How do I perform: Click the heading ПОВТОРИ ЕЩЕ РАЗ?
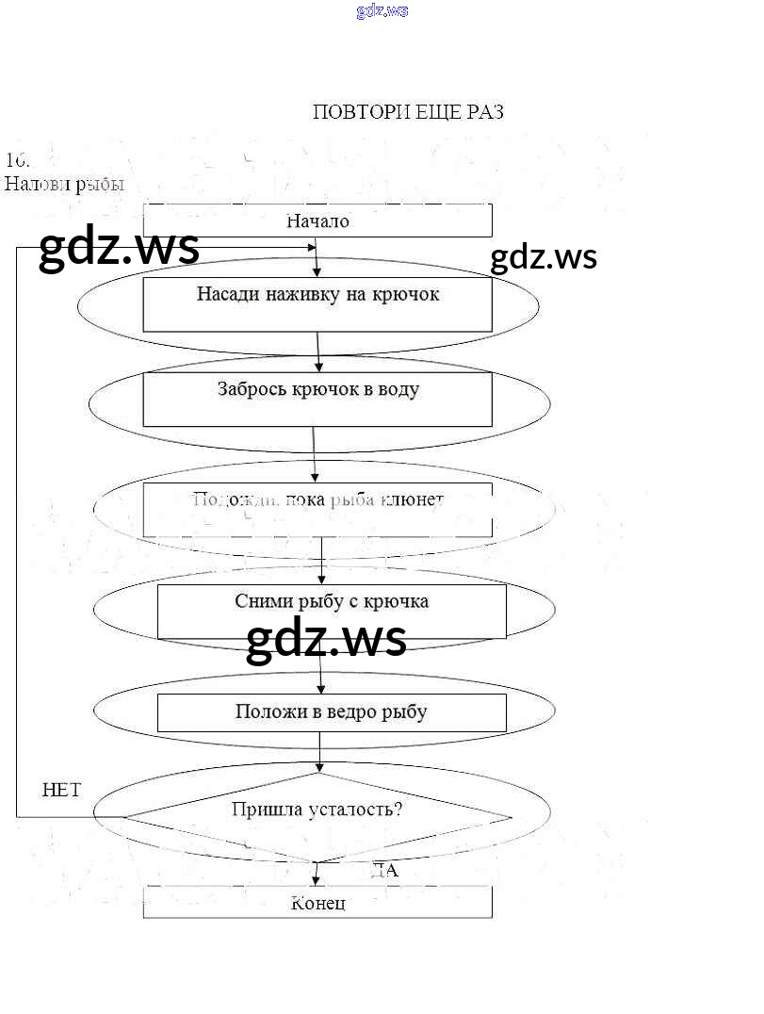tap(407, 112)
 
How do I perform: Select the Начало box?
tap(317, 221)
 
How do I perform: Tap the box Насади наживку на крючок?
tap(317, 303)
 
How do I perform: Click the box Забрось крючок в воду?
tap(317, 399)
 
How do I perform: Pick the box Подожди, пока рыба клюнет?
tap(317, 509)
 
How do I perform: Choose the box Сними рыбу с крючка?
tap(331, 611)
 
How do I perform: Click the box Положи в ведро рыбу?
tap(331, 712)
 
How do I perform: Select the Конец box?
tap(317, 903)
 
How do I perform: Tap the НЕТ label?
tap(62, 790)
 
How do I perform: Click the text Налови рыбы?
tap(64, 184)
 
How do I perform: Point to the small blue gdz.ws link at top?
tap(382, 11)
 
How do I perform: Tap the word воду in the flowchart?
tap(397, 388)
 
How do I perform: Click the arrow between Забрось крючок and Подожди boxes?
tap(315, 454)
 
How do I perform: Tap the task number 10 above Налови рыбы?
tap(17, 159)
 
